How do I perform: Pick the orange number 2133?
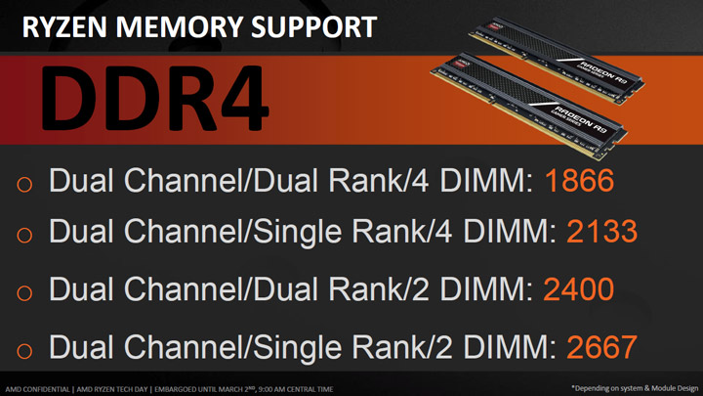602,233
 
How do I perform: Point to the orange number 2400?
578,289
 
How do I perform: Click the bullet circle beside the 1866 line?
25,184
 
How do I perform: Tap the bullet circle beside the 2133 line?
25,235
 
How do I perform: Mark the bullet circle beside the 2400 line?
25,291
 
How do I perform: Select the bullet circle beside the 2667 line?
25,348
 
